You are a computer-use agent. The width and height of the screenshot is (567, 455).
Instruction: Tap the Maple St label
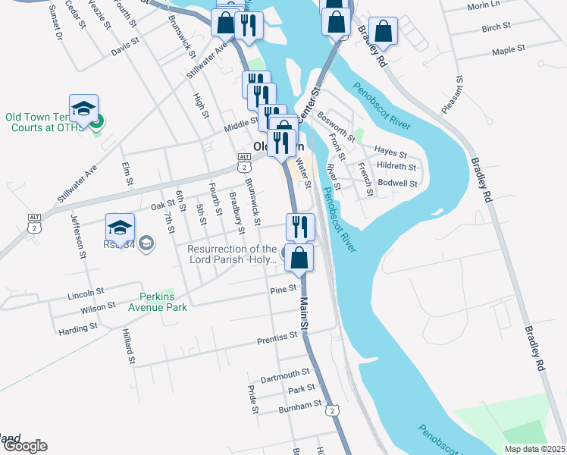point(509,50)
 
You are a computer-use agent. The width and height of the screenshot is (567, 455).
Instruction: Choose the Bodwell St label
point(398,184)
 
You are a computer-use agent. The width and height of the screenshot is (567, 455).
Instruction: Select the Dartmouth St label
point(286,373)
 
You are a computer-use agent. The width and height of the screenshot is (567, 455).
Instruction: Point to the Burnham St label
point(300,406)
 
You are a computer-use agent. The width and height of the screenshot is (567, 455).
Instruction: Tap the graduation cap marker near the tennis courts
point(84,108)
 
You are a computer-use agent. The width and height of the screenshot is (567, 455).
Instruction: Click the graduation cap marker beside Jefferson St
point(120,227)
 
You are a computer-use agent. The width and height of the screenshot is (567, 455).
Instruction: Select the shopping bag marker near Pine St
point(300,257)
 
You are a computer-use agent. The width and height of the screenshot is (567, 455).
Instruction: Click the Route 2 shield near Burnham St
point(332,410)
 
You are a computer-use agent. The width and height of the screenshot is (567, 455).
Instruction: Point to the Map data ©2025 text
point(534,449)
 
